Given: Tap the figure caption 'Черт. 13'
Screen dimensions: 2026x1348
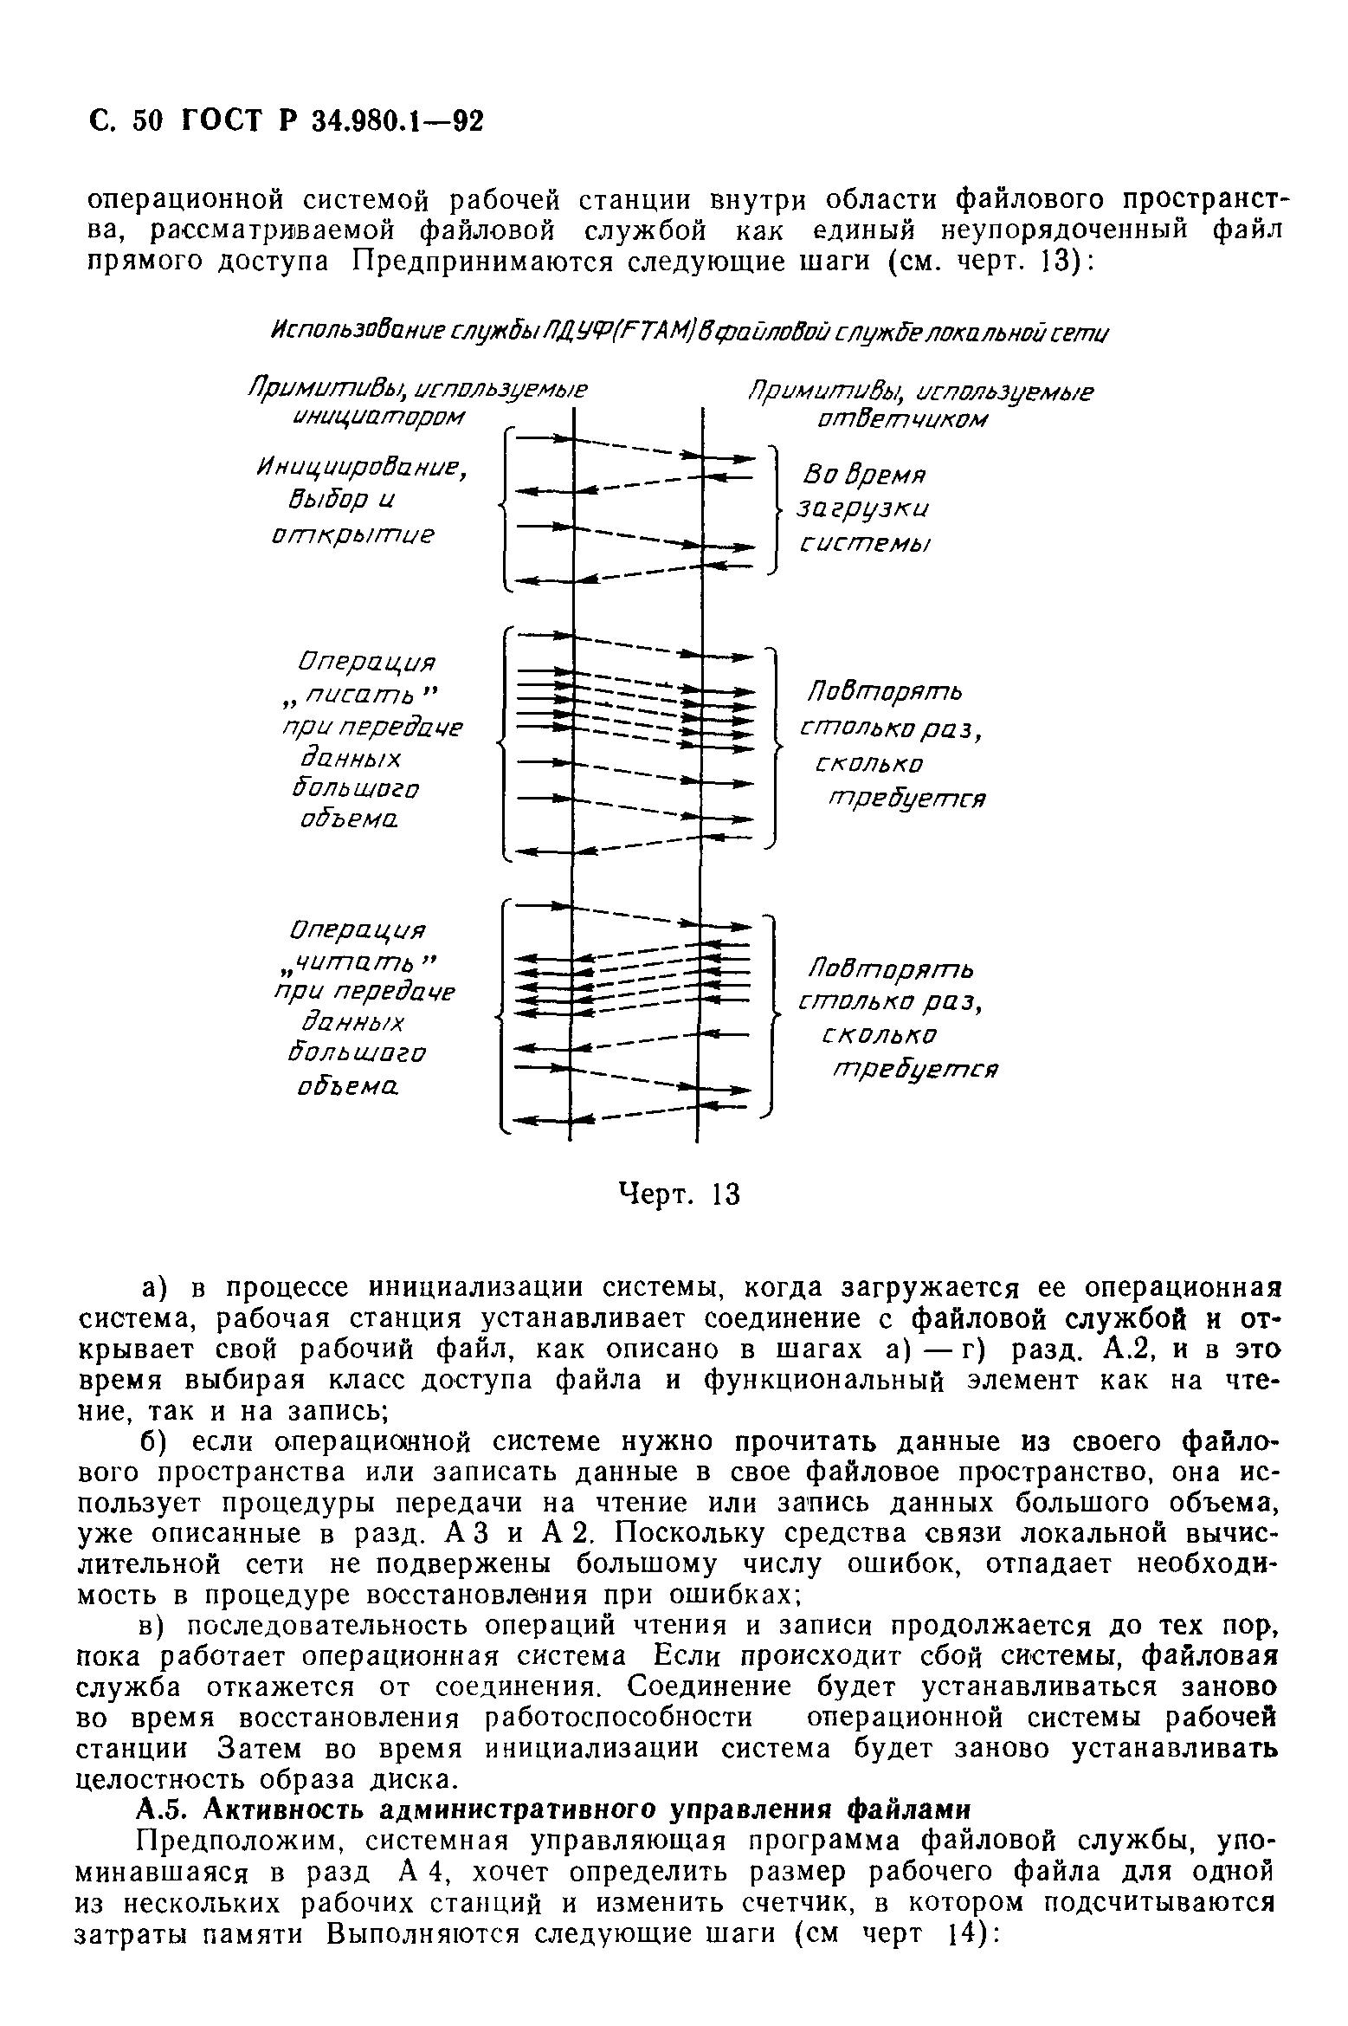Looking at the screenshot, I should (679, 1194).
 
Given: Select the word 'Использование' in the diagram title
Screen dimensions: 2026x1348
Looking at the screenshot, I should (356, 333).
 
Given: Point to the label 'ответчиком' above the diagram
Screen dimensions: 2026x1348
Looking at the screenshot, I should (900, 419).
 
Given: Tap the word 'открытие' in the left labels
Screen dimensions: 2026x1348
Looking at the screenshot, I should (351, 536).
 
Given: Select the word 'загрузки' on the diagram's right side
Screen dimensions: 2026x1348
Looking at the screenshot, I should (867, 509).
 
